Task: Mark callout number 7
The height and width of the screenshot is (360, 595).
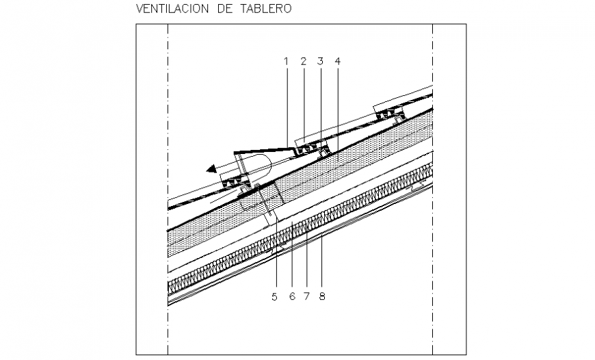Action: [307, 296]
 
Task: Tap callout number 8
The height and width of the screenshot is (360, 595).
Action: [322, 296]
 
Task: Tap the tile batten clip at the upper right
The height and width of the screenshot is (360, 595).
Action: [388, 112]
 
